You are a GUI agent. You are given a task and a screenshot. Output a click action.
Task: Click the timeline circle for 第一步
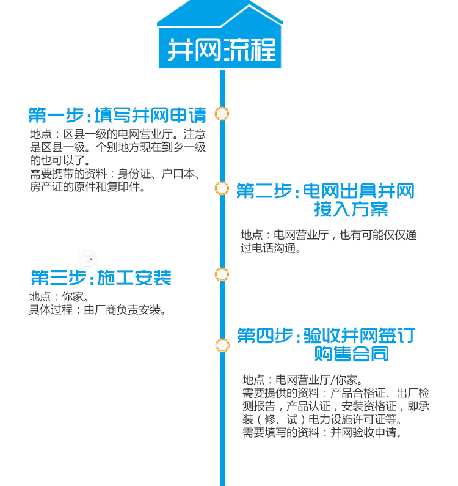222,114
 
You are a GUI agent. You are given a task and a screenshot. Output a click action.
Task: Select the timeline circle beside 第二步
222,189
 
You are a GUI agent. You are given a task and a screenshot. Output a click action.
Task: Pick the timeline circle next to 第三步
222,274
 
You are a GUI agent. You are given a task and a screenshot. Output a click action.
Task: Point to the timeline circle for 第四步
222,345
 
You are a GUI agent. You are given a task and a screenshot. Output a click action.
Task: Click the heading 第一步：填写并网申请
117,115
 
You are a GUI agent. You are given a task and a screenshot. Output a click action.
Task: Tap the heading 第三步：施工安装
101,278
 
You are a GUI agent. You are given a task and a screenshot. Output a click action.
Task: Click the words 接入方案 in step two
351,210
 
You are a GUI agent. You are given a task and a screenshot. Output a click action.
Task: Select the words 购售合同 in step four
351,353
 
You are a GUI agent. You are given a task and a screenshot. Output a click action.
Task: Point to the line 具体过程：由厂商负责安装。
98,310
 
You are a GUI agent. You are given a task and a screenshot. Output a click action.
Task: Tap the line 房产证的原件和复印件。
88,187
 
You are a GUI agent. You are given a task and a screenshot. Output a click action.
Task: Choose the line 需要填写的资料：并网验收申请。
322,433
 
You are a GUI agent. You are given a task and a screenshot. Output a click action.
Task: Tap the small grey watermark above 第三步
89,259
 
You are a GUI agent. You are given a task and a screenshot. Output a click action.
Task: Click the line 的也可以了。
60,161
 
